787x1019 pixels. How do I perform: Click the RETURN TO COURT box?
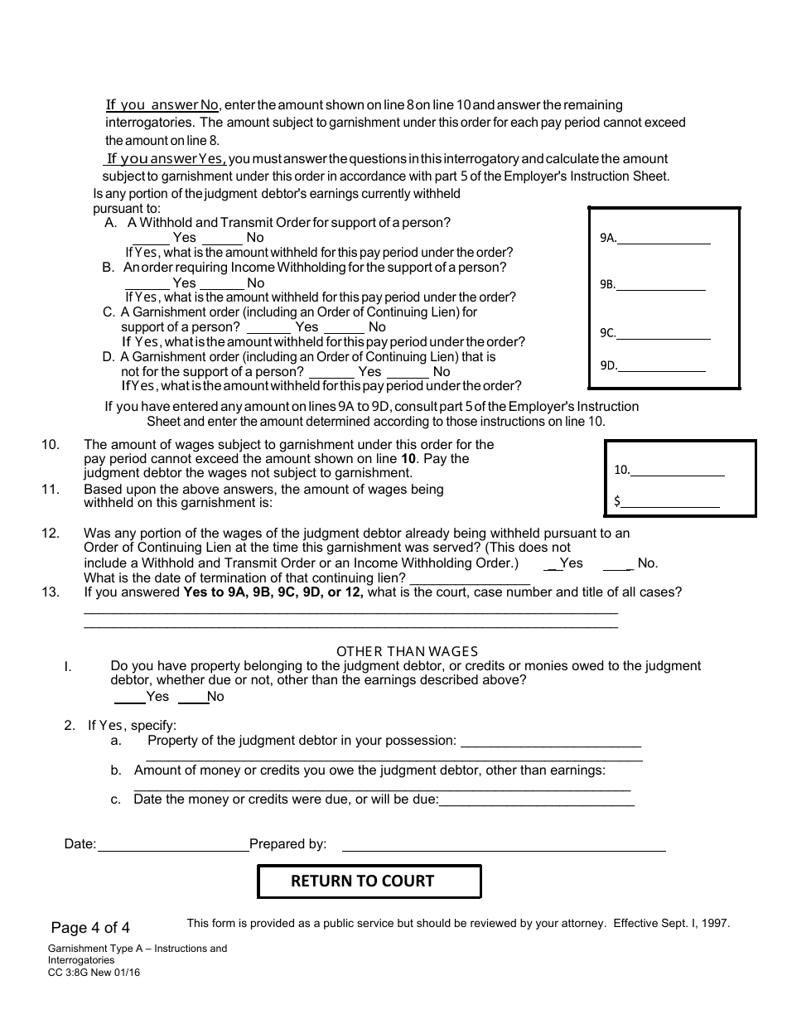point(369,881)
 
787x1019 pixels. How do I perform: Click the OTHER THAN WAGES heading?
point(407,652)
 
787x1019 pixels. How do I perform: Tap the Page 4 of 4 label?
point(90,927)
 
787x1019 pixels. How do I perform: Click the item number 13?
point(51,592)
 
